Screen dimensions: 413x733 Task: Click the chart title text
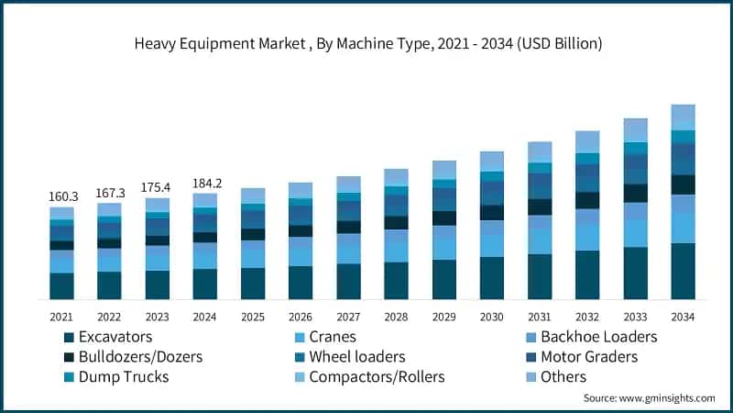366,43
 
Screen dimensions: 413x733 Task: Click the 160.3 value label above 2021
61,196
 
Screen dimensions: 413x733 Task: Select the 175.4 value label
157,187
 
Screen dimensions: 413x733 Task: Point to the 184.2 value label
204,183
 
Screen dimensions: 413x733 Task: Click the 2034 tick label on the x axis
683,317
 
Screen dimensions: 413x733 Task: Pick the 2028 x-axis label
396,317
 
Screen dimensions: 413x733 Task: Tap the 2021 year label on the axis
61,317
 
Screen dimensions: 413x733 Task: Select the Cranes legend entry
332,337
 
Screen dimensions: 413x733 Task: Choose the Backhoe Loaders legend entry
598,337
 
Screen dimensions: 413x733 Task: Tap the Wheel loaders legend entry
356,356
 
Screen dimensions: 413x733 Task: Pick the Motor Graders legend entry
588,356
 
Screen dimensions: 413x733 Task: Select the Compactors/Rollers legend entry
376,376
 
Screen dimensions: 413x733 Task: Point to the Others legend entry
563,376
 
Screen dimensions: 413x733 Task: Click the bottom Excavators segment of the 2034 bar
683,272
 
